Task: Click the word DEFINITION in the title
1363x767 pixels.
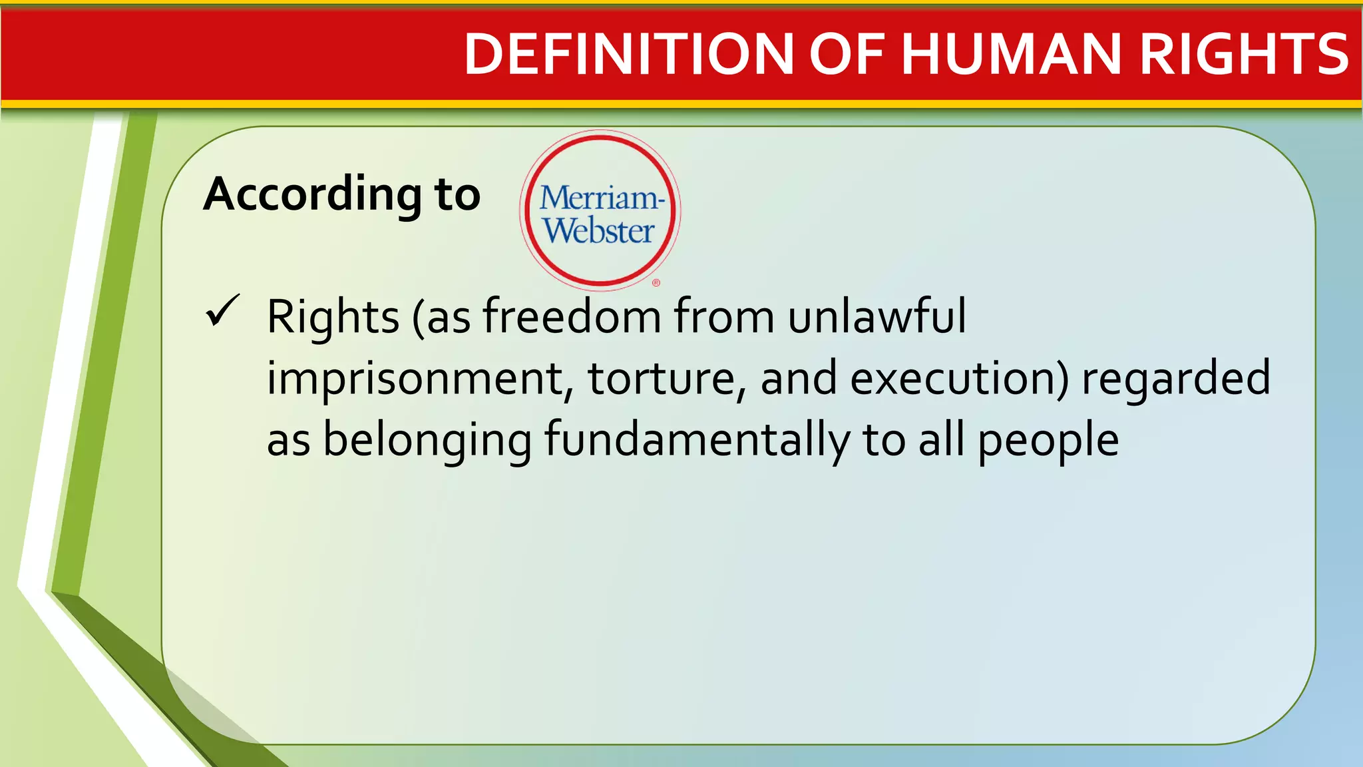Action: click(x=628, y=54)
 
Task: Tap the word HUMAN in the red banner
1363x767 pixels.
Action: click(x=1012, y=54)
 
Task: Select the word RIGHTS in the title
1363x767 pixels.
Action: click(x=1244, y=54)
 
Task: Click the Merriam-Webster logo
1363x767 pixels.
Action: click(x=600, y=210)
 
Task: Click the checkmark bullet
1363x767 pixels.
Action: click(x=222, y=310)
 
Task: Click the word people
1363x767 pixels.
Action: click(x=1048, y=440)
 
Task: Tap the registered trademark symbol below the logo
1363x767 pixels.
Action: click(x=656, y=283)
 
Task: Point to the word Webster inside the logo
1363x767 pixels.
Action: click(x=599, y=230)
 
